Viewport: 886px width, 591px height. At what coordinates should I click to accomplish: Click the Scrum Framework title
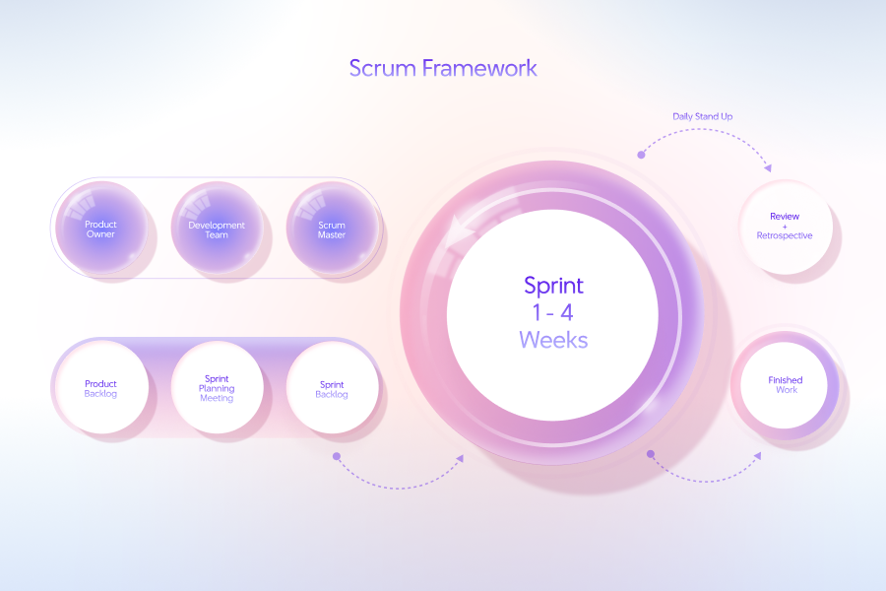[x=443, y=68]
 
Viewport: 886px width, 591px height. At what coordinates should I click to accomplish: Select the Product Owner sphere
[x=100, y=229]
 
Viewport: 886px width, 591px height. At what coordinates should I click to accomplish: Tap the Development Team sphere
[x=217, y=229]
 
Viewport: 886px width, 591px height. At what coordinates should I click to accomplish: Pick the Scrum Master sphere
[x=332, y=229]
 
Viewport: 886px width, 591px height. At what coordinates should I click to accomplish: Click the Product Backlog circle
[x=100, y=388]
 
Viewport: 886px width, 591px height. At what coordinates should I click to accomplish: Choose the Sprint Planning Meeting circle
[x=217, y=388]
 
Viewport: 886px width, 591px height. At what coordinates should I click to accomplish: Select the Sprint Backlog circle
[x=332, y=388]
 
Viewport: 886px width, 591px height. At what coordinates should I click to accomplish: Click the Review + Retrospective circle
[x=785, y=226]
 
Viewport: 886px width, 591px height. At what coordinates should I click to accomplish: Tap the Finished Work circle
[x=785, y=384]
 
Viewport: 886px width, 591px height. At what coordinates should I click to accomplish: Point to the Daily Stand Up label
[x=702, y=116]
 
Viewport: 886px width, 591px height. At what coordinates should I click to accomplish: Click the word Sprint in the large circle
[x=553, y=286]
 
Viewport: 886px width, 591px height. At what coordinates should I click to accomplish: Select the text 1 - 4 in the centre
[x=553, y=313]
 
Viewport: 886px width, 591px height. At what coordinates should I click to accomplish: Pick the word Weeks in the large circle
[x=553, y=341]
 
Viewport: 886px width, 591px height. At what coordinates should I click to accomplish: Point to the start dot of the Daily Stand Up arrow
[x=641, y=155]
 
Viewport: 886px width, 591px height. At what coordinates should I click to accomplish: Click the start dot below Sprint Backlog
[x=336, y=456]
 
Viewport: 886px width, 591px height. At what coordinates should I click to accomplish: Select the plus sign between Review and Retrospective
[x=785, y=226]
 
